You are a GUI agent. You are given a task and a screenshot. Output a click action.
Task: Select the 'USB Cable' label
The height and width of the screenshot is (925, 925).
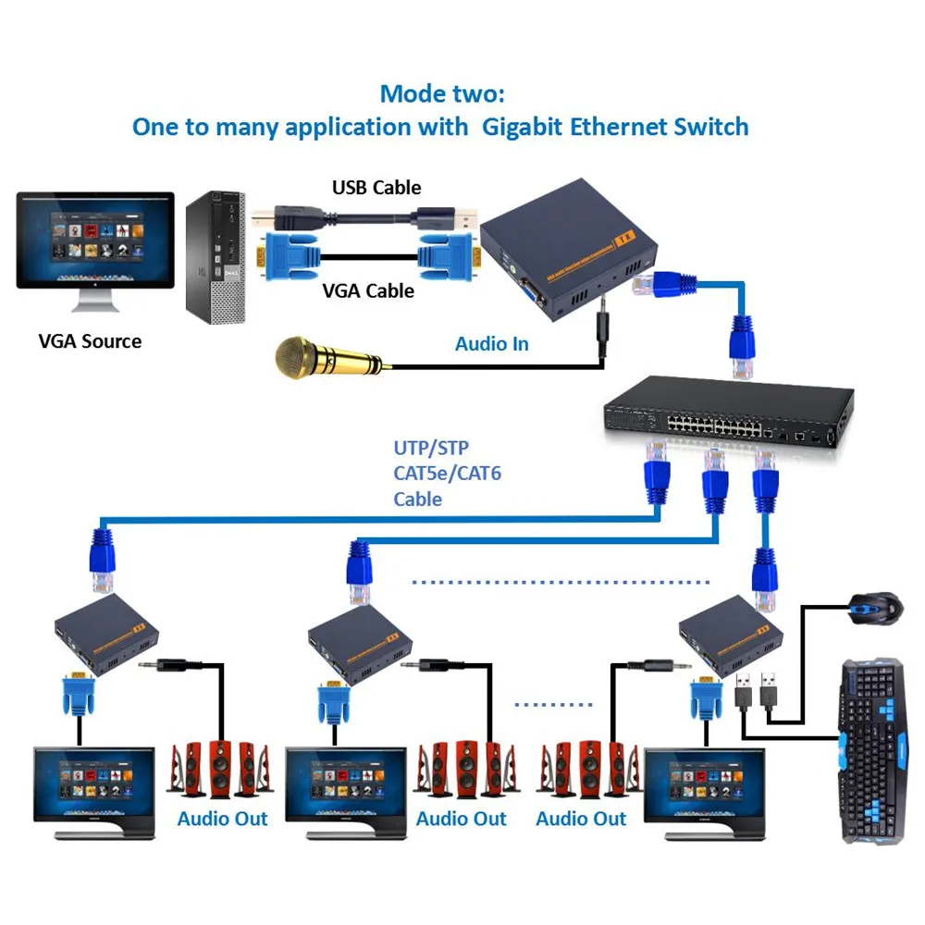point(376,188)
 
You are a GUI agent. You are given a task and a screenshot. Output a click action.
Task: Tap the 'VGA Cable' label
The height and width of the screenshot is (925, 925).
point(368,290)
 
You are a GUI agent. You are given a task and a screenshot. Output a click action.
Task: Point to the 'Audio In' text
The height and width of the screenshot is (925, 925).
point(492,344)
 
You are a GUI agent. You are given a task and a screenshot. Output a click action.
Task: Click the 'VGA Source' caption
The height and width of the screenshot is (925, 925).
point(91,341)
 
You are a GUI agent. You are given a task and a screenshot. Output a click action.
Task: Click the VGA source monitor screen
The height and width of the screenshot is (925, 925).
point(95,237)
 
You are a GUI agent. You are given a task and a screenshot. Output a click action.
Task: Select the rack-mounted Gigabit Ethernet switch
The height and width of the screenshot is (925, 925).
point(726,413)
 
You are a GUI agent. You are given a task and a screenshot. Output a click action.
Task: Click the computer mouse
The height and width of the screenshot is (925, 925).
point(874,606)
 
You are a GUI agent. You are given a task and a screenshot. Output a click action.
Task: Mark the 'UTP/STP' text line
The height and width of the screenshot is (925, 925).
point(431,449)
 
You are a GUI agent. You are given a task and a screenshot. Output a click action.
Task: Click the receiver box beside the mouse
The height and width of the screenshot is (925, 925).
point(726,638)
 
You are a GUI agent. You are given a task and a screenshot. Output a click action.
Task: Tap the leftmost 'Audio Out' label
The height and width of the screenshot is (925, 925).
point(223,819)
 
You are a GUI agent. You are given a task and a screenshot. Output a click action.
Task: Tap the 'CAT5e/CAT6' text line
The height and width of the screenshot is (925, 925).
point(448,474)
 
